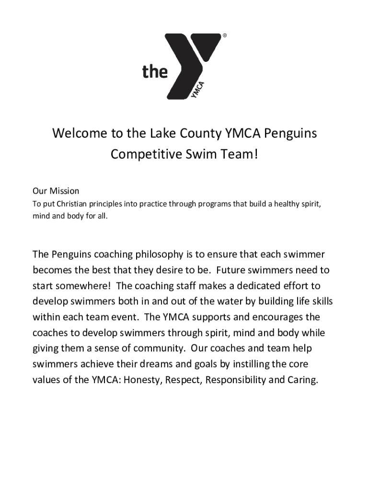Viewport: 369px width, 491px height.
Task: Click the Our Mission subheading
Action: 56,191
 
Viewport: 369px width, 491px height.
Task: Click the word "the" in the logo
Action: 155,72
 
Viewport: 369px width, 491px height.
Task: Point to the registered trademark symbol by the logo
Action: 224,35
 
